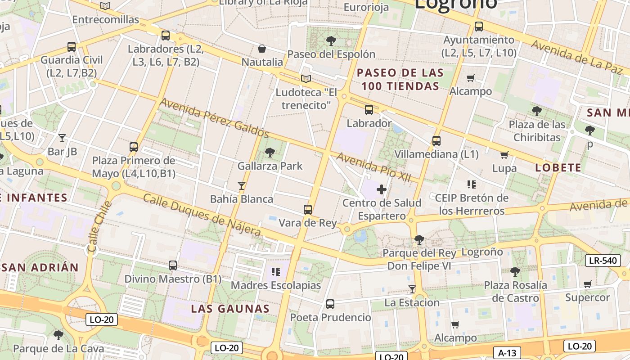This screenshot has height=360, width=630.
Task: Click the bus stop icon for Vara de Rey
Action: [308, 210]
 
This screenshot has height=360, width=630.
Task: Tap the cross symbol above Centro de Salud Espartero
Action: [382, 189]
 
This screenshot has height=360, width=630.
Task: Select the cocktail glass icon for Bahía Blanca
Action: [242, 185]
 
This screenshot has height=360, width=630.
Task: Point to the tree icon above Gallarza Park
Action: [270, 153]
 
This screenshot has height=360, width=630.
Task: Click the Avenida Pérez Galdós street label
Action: [214, 118]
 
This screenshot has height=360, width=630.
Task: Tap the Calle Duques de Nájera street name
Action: [202, 215]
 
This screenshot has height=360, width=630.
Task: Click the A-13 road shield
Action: [507, 352]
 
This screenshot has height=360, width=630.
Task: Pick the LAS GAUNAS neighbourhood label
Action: [230, 309]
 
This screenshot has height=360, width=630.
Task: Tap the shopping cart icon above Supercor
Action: [587, 284]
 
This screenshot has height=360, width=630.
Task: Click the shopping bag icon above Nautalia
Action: [262, 49]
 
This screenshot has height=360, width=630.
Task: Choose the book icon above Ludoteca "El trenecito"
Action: [306, 79]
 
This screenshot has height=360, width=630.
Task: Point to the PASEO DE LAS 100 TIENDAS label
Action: [400, 79]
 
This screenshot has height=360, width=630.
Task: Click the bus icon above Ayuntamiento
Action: [479, 27]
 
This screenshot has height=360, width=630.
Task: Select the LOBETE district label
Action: [558, 168]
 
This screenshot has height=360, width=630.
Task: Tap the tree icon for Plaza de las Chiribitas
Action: [536, 111]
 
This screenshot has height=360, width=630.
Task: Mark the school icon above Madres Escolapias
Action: [276, 272]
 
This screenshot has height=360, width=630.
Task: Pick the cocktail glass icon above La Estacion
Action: [412, 289]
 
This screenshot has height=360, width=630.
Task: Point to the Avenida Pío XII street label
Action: [373, 167]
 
